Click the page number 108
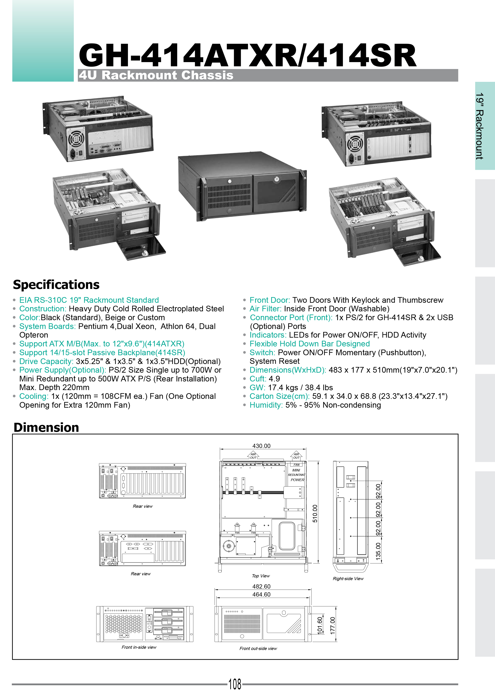(235, 684)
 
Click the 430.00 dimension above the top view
(261, 446)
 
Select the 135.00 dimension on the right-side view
(378, 551)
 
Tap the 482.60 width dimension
(261, 586)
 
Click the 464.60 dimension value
(261, 594)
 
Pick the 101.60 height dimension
(320, 625)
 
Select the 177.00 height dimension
(332, 625)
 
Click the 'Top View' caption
(261, 576)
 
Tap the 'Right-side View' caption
(348, 578)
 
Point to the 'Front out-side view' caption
(258, 648)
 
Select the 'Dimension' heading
(46, 427)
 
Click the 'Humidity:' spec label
(266, 405)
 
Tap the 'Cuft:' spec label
(258, 379)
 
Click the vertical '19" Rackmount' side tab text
(479, 126)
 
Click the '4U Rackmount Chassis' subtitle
(156, 75)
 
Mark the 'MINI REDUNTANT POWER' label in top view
(296, 475)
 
